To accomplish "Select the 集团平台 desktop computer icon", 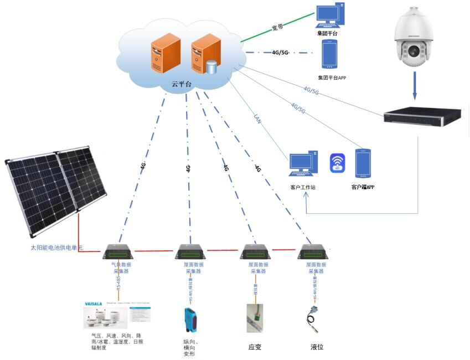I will pyautogui.click(x=329, y=16).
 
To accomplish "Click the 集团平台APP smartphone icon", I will pyautogui.click(x=330, y=54).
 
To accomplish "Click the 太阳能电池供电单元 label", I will pyautogui.click(x=56, y=248).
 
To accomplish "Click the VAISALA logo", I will pyautogui.click(x=94, y=304).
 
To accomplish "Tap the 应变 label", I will pyautogui.click(x=255, y=347).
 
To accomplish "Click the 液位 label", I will pyautogui.click(x=317, y=347).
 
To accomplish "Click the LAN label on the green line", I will pyautogui.click(x=257, y=117).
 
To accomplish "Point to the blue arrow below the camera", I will pyautogui.click(x=415, y=87).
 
